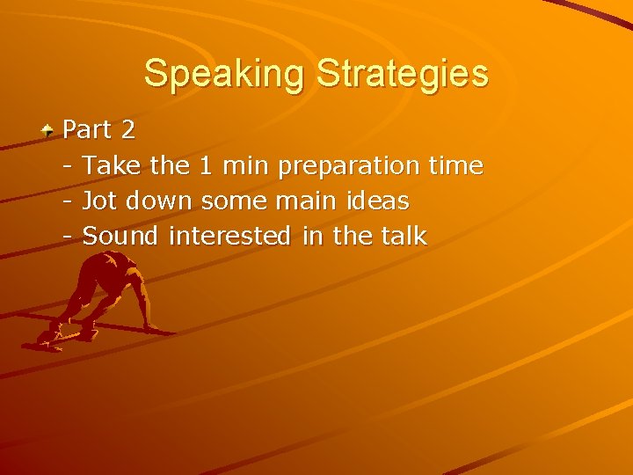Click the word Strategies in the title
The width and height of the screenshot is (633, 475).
click(x=402, y=74)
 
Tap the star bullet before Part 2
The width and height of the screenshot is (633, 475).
click(x=49, y=130)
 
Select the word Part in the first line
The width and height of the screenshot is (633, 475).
click(x=88, y=130)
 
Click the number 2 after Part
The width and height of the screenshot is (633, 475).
click(x=128, y=130)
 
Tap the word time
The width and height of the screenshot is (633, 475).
click(x=455, y=165)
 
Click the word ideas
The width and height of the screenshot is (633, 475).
click(x=376, y=201)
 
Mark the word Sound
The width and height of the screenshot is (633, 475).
click(x=120, y=237)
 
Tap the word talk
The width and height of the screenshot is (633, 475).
click(x=404, y=237)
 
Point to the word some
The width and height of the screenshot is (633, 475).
click(x=231, y=201)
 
